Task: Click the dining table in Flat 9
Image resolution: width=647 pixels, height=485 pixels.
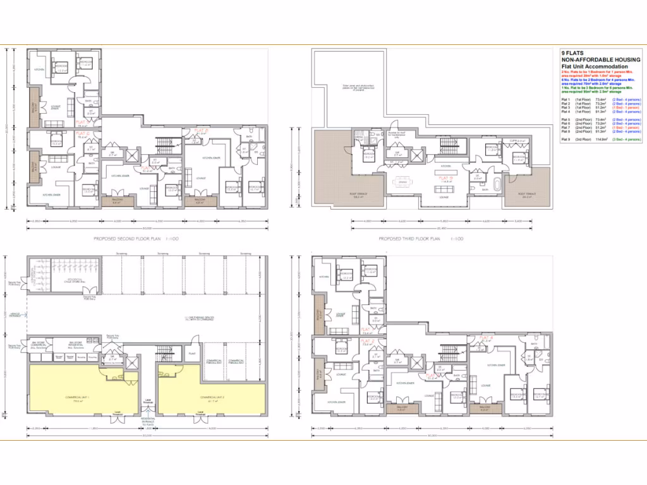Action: (401, 183)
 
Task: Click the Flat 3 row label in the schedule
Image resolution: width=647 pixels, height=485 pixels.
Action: (565, 107)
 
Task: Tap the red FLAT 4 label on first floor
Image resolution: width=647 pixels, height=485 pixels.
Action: (485, 338)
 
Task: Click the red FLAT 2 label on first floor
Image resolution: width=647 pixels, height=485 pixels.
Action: (368, 342)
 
